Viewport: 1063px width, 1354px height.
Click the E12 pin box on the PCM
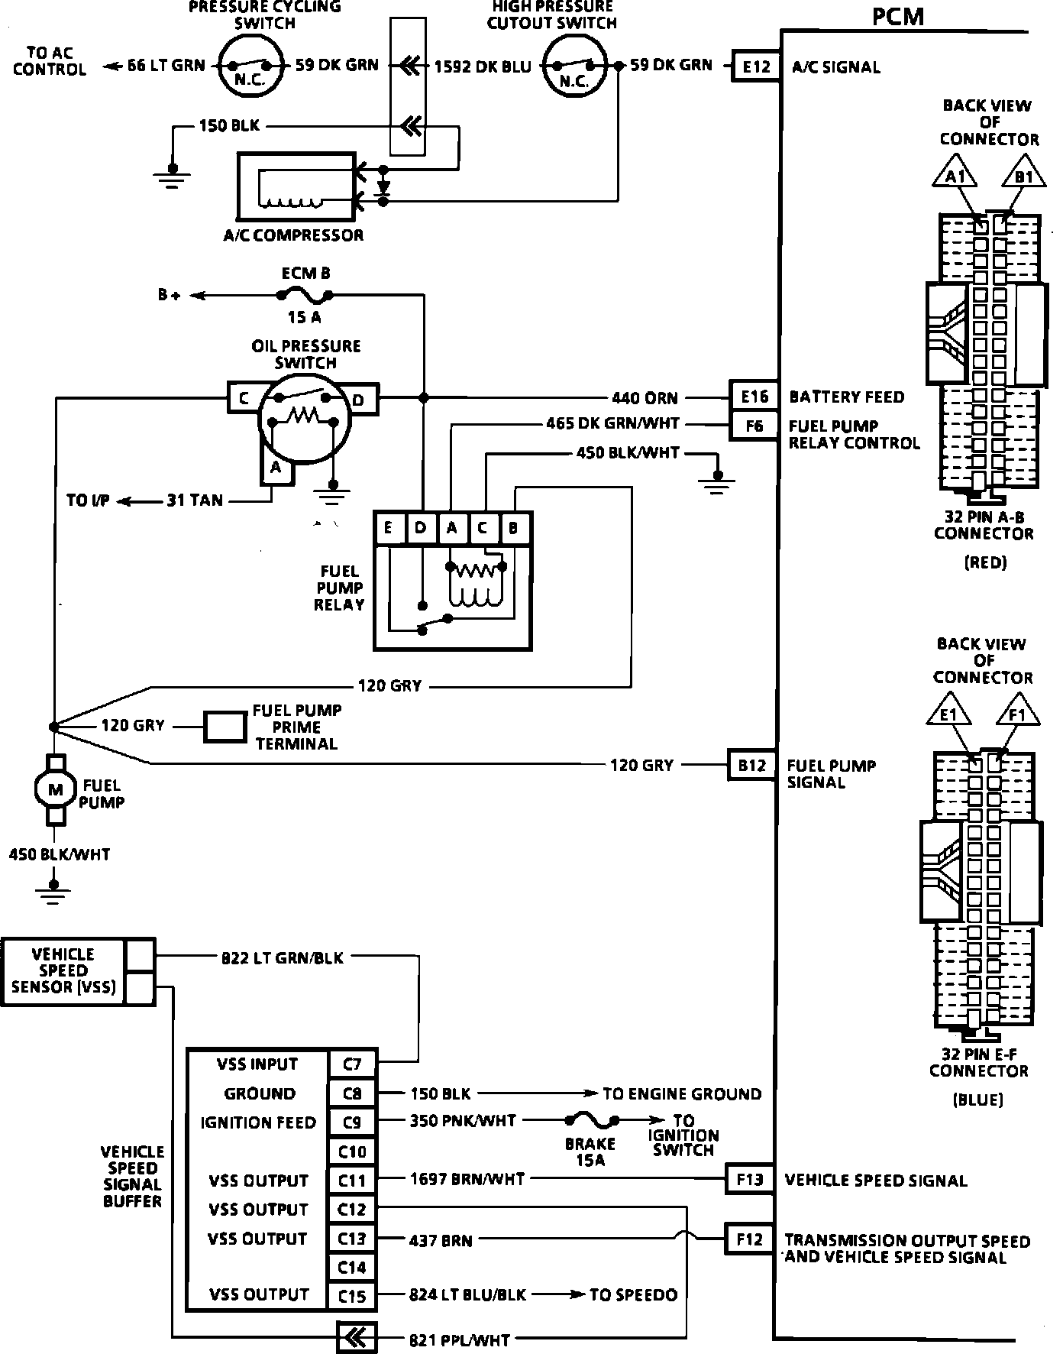[x=756, y=66]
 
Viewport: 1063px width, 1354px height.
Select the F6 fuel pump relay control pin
[x=754, y=426]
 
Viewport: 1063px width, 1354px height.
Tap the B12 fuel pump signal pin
[x=751, y=765]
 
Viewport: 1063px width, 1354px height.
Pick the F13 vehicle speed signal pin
[x=749, y=1179]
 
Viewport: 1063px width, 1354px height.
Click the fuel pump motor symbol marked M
[x=56, y=790]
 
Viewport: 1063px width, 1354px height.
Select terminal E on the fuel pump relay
[x=389, y=528]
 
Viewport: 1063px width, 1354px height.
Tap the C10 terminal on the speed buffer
[x=352, y=1152]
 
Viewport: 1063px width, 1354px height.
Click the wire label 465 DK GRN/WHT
[x=612, y=423]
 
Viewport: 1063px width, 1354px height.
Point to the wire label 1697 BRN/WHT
[x=467, y=1179]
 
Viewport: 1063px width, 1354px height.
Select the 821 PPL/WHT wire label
[x=460, y=1339]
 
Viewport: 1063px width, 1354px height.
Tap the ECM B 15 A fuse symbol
[x=305, y=294]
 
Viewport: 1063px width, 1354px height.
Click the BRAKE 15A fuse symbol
[x=592, y=1121]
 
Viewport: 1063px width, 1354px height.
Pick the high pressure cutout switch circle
[x=574, y=66]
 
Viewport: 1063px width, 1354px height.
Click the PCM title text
[x=897, y=17]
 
